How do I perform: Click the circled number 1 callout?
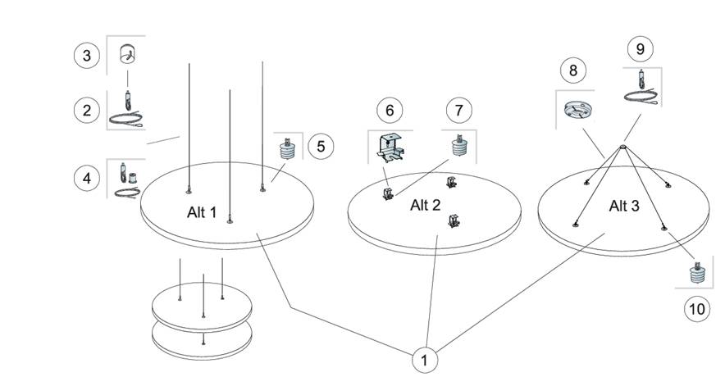[424, 359]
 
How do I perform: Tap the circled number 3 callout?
[87, 56]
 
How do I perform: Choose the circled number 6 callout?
[390, 110]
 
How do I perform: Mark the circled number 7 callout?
[459, 110]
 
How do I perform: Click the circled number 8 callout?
[572, 70]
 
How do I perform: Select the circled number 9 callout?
[640, 48]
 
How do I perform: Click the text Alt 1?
[202, 212]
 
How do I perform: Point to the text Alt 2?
[425, 205]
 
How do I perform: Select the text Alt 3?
[623, 205]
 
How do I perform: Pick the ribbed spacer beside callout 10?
[696, 272]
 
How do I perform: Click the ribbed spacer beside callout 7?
[458, 146]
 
